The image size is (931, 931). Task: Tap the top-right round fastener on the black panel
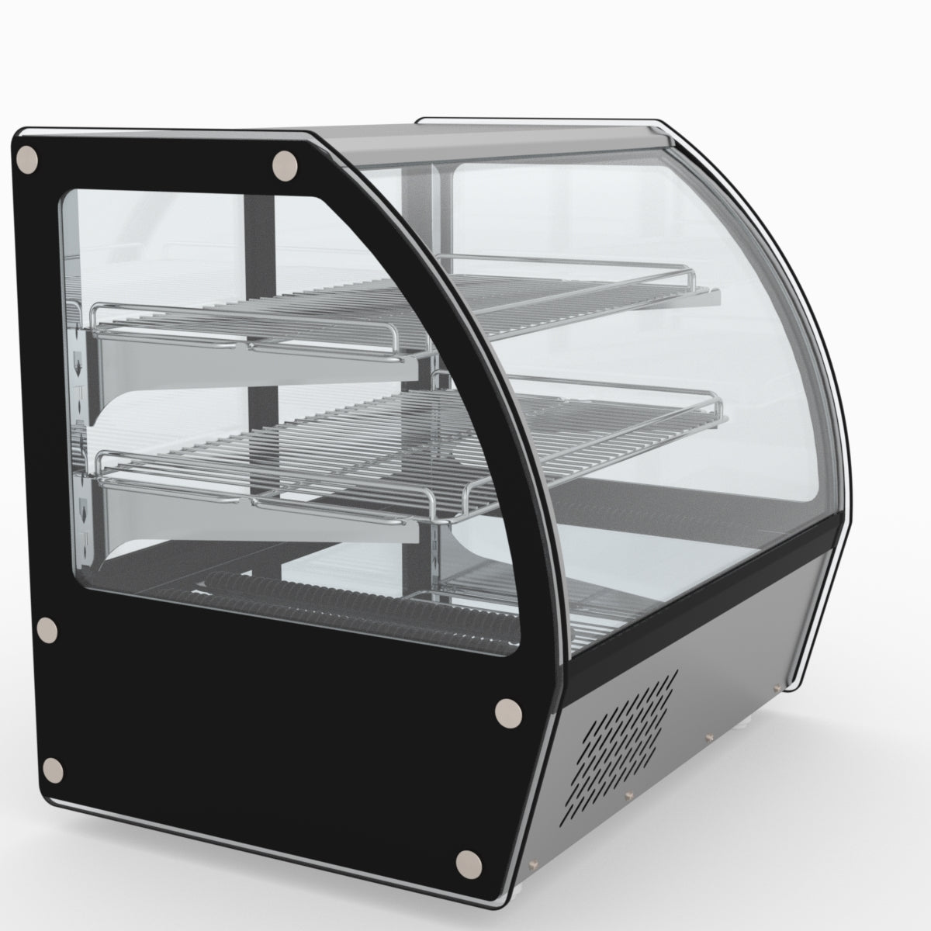click(x=286, y=165)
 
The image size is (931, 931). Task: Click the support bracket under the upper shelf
click(x=256, y=365)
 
